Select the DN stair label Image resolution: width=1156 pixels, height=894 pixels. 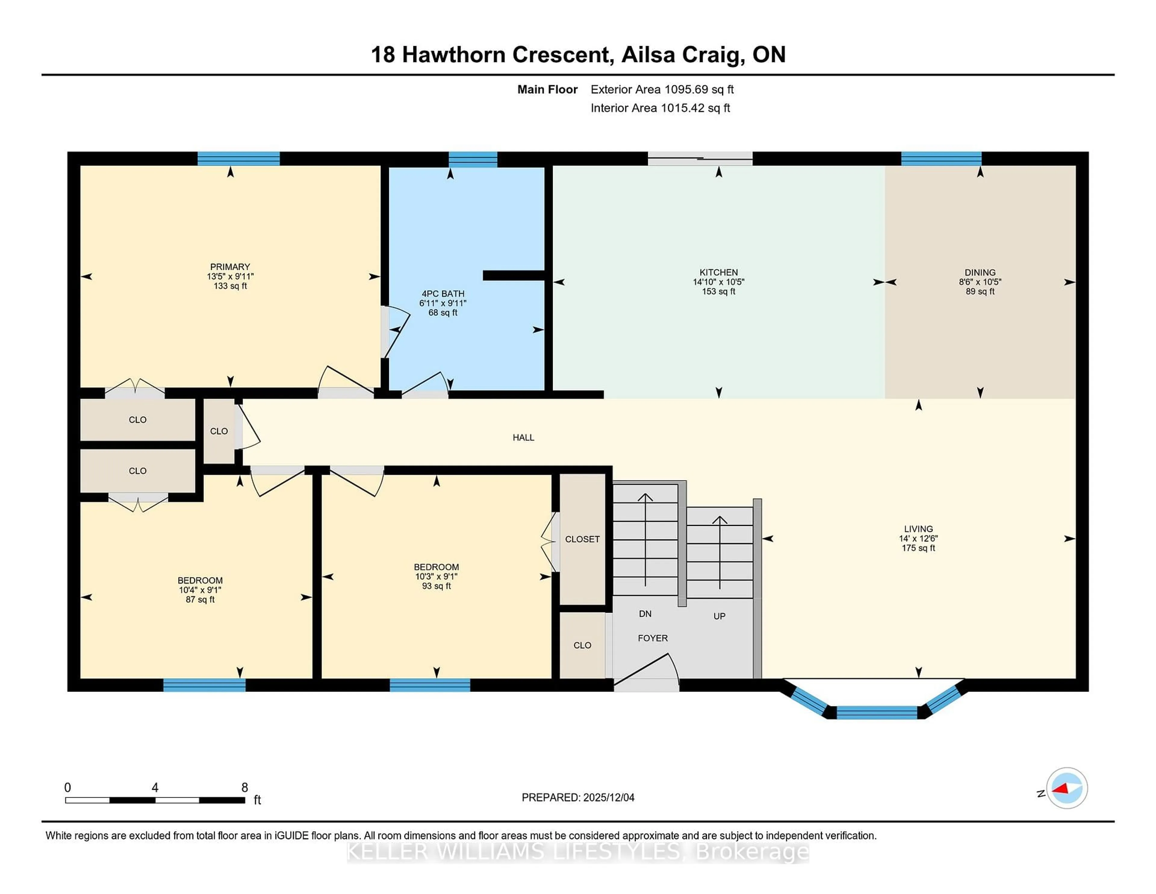(x=645, y=614)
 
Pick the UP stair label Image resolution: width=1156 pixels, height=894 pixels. (x=719, y=616)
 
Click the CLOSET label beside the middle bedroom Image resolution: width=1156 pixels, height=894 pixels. (x=582, y=539)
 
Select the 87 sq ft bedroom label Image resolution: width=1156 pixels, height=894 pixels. (x=200, y=599)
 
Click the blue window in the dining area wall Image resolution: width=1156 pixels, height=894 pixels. (x=941, y=159)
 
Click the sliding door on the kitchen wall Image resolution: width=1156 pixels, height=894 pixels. (x=700, y=158)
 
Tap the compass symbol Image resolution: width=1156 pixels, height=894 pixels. (x=1067, y=788)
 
